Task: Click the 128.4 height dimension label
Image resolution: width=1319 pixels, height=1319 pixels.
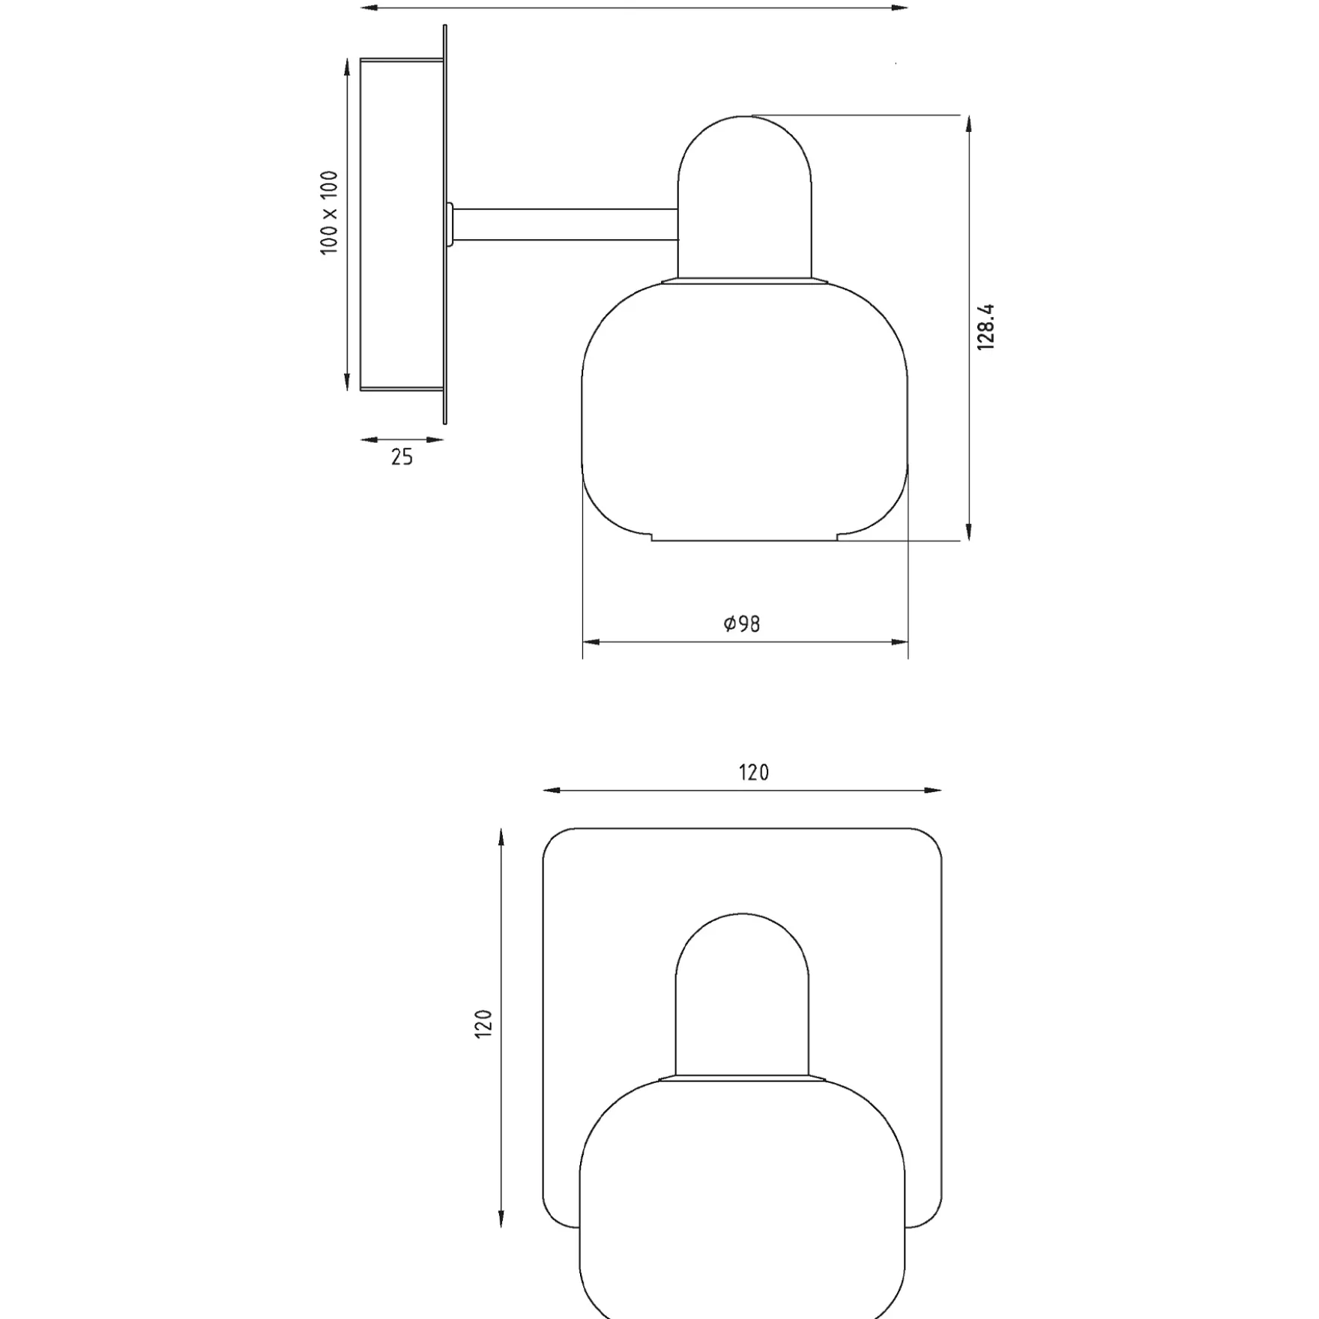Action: (986, 327)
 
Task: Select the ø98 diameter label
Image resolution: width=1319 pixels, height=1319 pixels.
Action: (742, 624)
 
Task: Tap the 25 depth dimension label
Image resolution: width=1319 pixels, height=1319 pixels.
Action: (402, 457)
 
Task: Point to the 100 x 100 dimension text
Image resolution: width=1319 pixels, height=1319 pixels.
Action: (329, 213)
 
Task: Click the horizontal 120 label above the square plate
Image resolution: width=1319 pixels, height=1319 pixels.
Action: (754, 773)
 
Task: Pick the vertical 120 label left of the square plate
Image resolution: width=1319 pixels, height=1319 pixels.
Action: (483, 1024)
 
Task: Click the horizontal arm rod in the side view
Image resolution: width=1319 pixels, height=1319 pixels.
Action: (566, 225)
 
